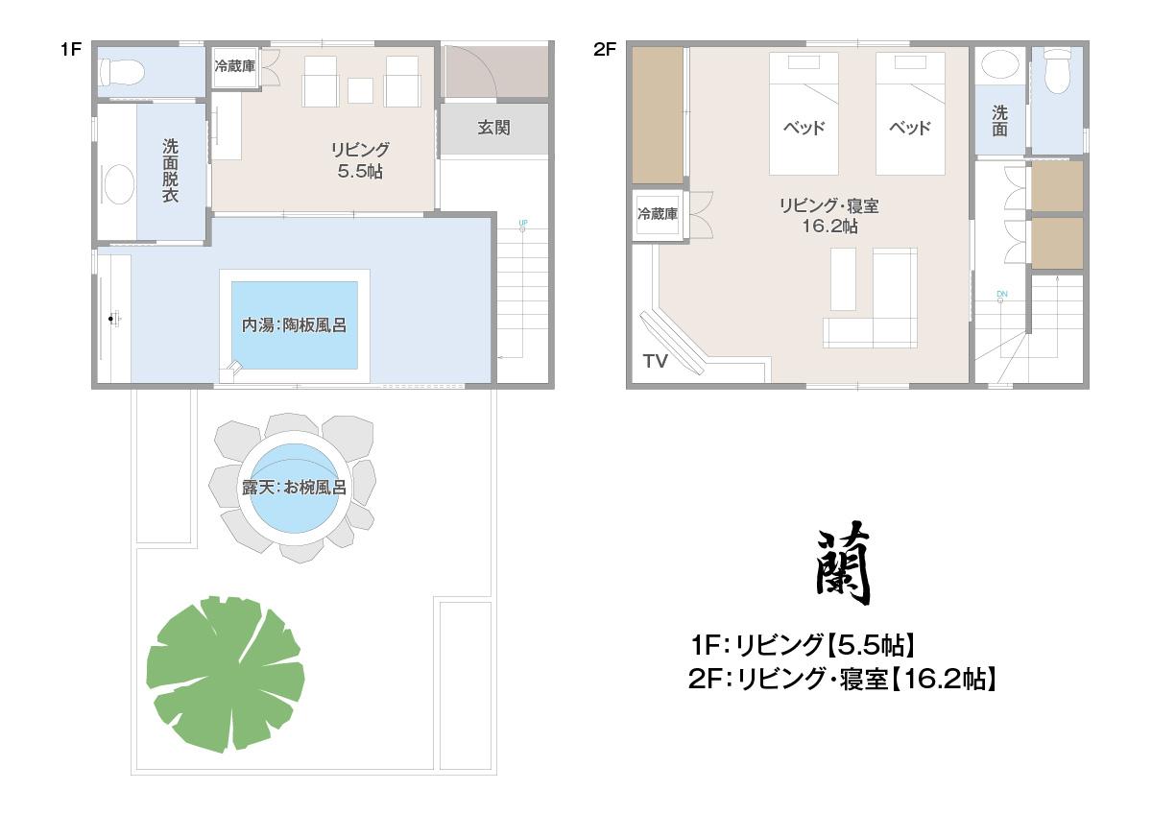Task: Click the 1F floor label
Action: click(x=71, y=49)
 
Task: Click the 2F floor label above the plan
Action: click(x=605, y=49)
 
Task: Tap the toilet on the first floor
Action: click(x=121, y=71)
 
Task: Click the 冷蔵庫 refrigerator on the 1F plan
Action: click(x=235, y=66)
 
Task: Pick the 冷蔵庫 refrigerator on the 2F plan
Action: click(x=658, y=214)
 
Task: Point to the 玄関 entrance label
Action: click(x=493, y=128)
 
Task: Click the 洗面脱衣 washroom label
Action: click(x=170, y=170)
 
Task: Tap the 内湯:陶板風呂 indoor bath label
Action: click(x=294, y=325)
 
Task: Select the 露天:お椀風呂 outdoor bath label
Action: click(x=294, y=487)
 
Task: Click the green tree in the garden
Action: click(x=226, y=674)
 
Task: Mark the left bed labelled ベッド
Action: click(x=804, y=113)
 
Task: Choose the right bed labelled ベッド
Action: click(x=910, y=113)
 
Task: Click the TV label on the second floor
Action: click(x=655, y=362)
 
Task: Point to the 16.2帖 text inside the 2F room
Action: click(x=830, y=227)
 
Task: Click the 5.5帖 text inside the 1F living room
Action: click(x=360, y=171)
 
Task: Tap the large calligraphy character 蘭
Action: click(x=844, y=563)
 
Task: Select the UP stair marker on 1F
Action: click(x=523, y=223)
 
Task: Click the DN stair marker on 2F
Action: click(x=1002, y=294)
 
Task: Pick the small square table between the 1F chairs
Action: click(x=361, y=90)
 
